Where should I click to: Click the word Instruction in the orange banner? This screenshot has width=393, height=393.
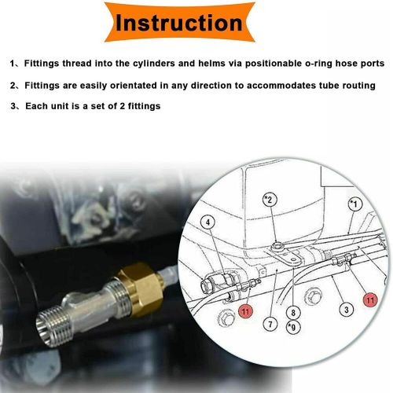pyautogui.click(x=179, y=23)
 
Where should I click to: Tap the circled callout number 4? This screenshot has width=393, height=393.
pyautogui.click(x=208, y=222)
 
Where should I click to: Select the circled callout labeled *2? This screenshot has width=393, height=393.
pyautogui.click(x=270, y=200)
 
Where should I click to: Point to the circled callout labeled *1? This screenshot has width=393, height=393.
pyautogui.click(x=354, y=204)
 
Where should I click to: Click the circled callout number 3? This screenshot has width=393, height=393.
pyautogui.click(x=347, y=310)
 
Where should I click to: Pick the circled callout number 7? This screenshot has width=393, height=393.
pyautogui.click(x=270, y=325)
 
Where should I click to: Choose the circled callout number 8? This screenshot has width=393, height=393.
pyautogui.click(x=293, y=313)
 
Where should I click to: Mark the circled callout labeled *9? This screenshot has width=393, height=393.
pyautogui.click(x=293, y=327)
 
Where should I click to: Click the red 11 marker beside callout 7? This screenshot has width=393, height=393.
pyautogui.click(x=245, y=311)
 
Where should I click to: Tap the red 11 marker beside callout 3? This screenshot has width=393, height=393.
pyautogui.click(x=370, y=299)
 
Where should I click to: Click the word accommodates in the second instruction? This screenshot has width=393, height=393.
pyautogui.click(x=281, y=86)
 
